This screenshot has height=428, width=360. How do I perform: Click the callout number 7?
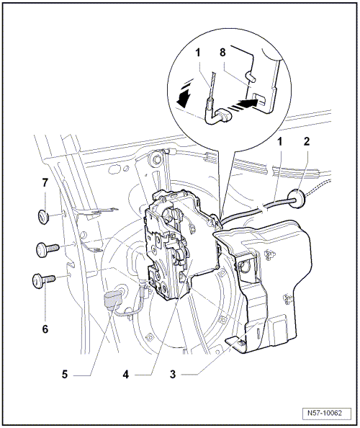[x=45, y=182]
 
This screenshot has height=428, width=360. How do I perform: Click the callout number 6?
[x=45, y=329]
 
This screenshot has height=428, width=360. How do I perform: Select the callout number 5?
[x=65, y=374]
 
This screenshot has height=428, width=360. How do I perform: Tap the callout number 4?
[x=125, y=375]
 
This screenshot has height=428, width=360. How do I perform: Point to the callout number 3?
[x=173, y=374]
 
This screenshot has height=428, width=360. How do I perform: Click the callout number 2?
[x=307, y=141]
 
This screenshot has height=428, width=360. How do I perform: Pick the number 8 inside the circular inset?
[x=222, y=52]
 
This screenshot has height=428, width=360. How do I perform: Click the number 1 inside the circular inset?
[x=198, y=53]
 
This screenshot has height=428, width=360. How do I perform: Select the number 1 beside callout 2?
[x=280, y=141]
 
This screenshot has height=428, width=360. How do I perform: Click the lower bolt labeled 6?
[x=42, y=280]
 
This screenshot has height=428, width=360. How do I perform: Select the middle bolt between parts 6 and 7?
[x=47, y=249]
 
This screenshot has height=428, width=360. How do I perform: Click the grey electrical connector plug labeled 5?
[x=112, y=301]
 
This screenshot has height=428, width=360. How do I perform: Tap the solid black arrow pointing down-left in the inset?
[x=184, y=99]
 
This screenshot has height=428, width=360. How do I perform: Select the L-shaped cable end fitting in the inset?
[x=217, y=116]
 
